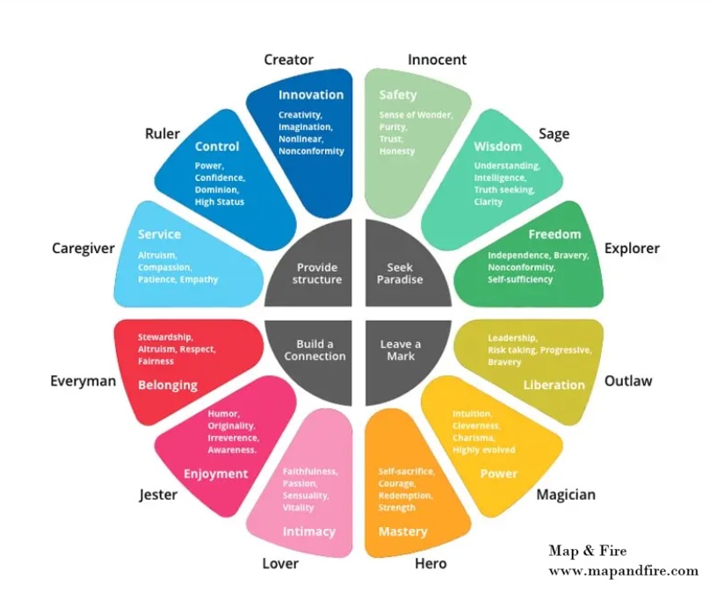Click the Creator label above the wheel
click(288, 60)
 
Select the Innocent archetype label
click(437, 60)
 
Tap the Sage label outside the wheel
click(554, 134)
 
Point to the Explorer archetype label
click(631, 249)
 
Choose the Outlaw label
click(627, 380)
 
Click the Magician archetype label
click(566, 495)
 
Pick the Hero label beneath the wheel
click(430, 563)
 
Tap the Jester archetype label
click(158, 495)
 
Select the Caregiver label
click(83, 249)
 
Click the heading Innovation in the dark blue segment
click(311, 95)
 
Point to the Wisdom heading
click(498, 146)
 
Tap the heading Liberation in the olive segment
click(554, 385)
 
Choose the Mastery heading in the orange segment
click(402, 531)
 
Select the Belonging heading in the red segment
click(167, 385)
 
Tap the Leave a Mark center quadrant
click(400, 350)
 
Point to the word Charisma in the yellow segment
click(475, 437)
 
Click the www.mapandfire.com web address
click(623, 571)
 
